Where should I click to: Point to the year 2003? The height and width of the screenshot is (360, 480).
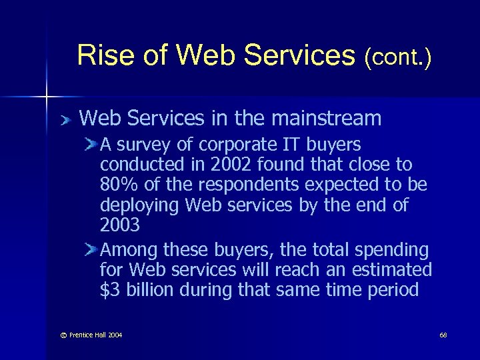click(x=120, y=225)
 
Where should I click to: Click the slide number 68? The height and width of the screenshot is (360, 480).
click(x=443, y=334)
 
